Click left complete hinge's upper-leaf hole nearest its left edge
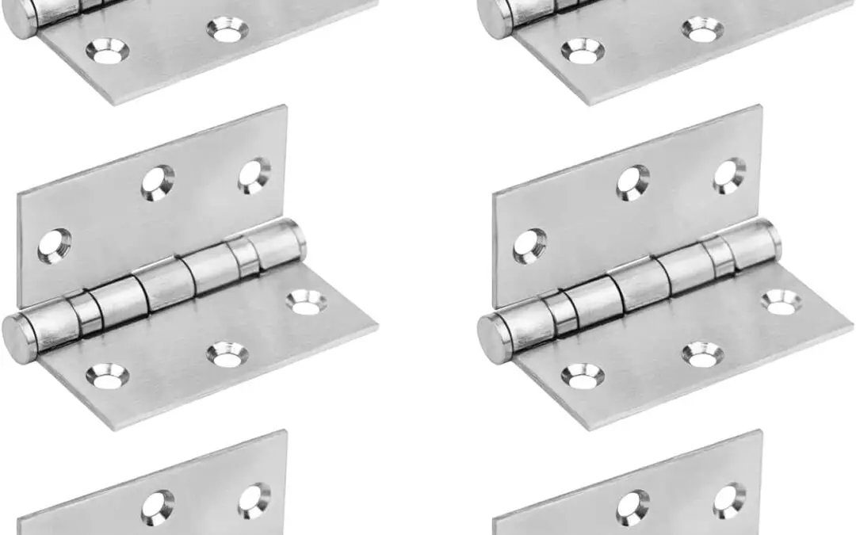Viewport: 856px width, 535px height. [54, 246]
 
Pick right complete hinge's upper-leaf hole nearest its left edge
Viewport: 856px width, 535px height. [529, 246]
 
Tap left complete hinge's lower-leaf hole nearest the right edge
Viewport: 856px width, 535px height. [306, 301]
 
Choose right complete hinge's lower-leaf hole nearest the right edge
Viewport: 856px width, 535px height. [781, 301]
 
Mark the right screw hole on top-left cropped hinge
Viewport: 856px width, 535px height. [227, 31]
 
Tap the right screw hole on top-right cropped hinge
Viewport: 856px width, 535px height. [703, 31]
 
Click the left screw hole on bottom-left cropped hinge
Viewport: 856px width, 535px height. [158, 506]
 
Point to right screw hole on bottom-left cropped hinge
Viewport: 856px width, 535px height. [254, 499]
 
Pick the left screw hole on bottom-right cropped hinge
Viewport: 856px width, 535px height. [633, 506]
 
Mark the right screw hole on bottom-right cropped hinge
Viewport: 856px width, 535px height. [729, 499]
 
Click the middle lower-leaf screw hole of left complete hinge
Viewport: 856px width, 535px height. [227, 354]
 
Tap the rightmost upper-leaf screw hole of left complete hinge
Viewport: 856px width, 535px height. [254, 175]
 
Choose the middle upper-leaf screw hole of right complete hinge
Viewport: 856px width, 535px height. [633, 182]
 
